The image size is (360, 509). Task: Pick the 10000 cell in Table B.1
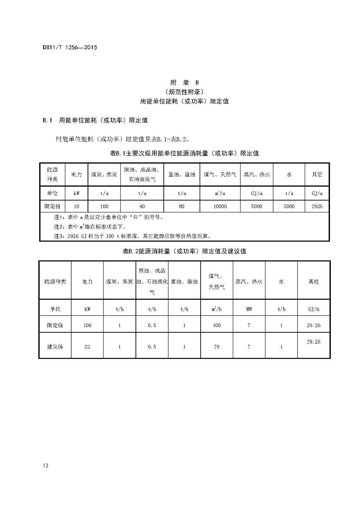[x=220, y=206]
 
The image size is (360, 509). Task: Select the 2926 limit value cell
[x=317, y=206]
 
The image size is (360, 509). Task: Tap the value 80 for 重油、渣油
[x=182, y=206]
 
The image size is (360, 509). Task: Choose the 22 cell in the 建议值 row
[x=87, y=347]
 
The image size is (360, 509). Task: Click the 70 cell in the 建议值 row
[x=216, y=347]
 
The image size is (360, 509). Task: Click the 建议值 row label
[x=55, y=347]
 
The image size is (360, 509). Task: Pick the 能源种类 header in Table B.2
[x=55, y=281]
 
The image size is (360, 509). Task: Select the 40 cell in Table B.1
[x=142, y=206]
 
